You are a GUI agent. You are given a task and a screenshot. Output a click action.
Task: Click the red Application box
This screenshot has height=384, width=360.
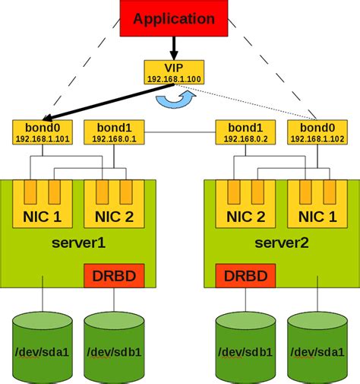click(x=174, y=18)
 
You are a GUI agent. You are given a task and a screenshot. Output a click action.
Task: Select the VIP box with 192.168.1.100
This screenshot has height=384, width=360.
click(x=174, y=72)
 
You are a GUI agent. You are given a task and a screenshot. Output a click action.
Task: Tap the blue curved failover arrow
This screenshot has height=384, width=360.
click(x=175, y=101)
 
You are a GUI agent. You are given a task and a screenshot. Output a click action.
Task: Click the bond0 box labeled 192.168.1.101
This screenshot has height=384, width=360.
click(x=43, y=132)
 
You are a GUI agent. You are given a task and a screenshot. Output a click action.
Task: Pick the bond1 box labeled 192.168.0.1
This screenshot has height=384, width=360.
click(x=114, y=132)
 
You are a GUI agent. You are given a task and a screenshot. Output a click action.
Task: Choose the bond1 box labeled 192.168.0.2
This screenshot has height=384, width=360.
click(x=245, y=132)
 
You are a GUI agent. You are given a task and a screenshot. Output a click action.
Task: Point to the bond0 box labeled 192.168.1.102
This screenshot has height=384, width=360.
click(x=317, y=132)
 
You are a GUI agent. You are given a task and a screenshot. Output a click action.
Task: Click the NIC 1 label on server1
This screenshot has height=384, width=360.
click(x=43, y=217)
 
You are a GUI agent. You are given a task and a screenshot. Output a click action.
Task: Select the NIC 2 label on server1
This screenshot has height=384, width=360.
click(x=114, y=217)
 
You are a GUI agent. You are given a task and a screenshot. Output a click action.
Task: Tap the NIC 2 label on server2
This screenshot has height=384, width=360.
click(x=245, y=217)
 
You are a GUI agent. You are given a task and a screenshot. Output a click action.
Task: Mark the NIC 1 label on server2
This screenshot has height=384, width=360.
click(x=317, y=217)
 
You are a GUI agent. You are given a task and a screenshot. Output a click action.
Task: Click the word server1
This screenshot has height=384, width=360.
click(x=78, y=243)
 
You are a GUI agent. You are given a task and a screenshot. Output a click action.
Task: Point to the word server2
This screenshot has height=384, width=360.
click(x=282, y=243)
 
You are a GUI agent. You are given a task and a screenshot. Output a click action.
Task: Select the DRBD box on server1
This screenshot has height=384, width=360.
click(x=114, y=276)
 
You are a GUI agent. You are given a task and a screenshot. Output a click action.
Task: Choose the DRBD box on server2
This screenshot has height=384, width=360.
click(x=245, y=276)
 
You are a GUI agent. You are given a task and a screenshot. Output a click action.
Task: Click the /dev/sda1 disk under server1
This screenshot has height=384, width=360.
click(x=43, y=348)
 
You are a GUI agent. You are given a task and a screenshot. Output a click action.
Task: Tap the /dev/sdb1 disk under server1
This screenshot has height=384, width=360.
click(x=114, y=348)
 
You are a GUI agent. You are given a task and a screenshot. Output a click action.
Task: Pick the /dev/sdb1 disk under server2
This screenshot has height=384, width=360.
click(x=245, y=348)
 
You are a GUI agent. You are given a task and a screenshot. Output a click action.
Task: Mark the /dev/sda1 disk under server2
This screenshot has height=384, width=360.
click(x=317, y=348)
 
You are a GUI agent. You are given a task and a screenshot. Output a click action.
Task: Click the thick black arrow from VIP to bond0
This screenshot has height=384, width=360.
click(x=109, y=102)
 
